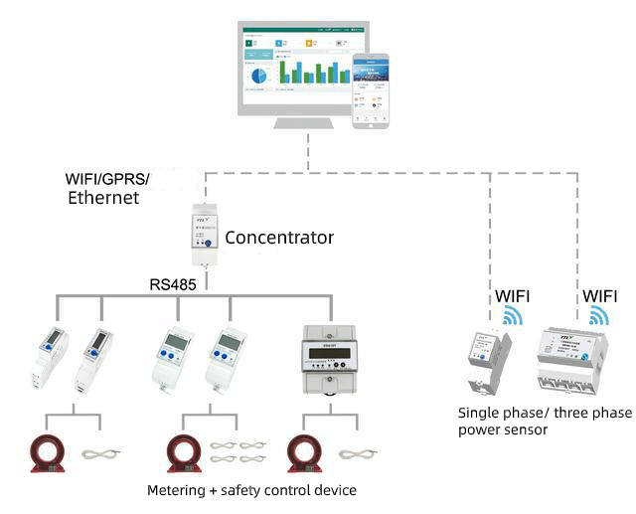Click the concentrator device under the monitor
click(204, 237)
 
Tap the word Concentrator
click(278, 239)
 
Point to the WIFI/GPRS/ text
click(106, 179)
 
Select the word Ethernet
click(102, 198)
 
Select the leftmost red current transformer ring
click(46, 452)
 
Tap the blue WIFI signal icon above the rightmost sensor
click(599, 315)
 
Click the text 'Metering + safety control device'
click(251, 490)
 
